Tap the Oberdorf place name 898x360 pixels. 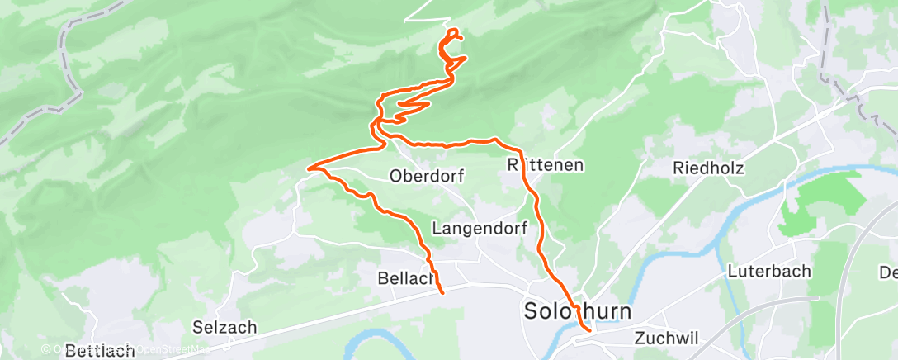tap(428, 176)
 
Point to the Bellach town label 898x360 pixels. tap(405, 278)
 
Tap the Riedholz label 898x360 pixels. tap(708, 168)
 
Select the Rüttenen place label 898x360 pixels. tap(546, 165)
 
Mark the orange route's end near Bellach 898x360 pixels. tap(442, 291)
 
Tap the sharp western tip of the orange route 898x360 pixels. tap(309, 169)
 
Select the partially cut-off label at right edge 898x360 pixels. tap(888, 272)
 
